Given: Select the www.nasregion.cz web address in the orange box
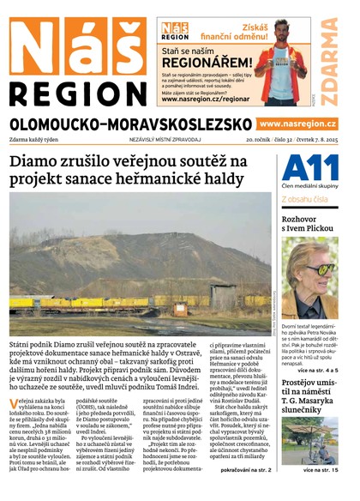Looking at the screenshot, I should (297, 124).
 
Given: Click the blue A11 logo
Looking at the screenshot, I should (304, 167).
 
